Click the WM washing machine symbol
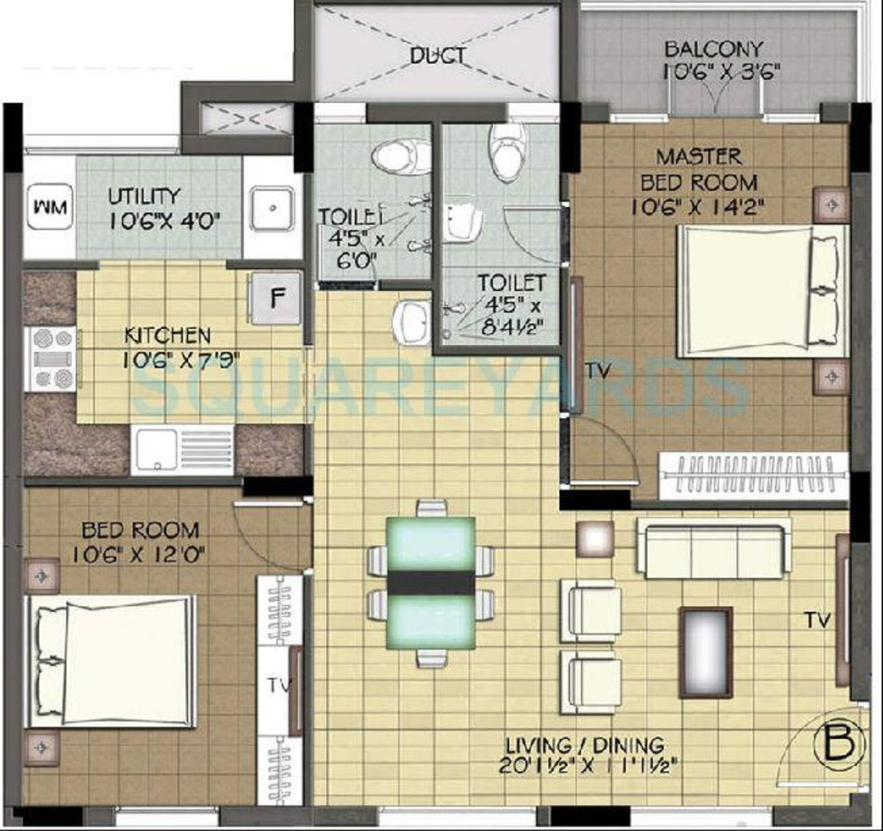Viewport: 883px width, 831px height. (x=50, y=207)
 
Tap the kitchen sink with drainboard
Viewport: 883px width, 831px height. (x=182, y=450)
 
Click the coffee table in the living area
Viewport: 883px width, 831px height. (x=705, y=652)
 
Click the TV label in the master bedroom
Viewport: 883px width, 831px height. (x=600, y=371)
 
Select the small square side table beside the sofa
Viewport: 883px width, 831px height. (x=595, y=539)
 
